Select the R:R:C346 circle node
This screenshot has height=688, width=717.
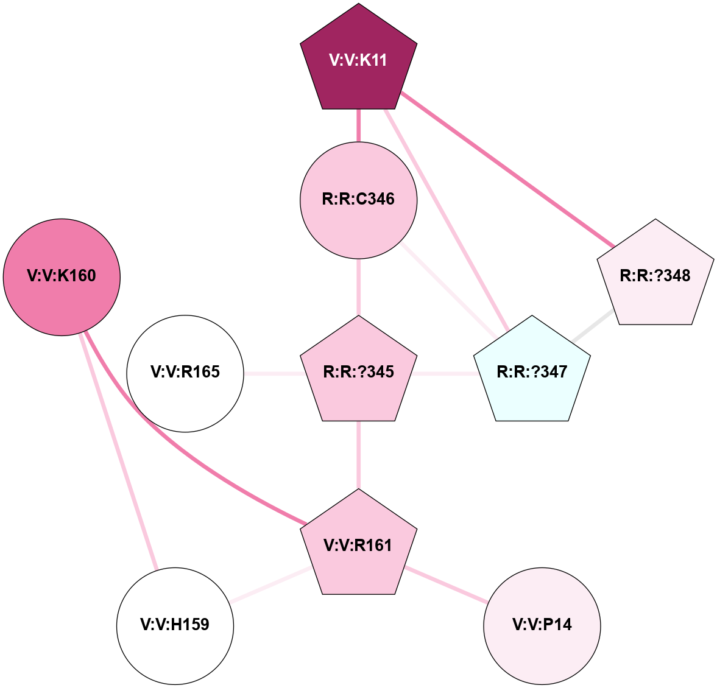358,200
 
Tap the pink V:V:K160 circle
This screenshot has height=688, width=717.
62,276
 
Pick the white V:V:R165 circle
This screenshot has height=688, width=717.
185,373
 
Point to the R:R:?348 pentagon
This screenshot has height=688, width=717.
655,275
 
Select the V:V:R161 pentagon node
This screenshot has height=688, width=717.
358,545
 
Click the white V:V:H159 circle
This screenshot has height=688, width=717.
175,625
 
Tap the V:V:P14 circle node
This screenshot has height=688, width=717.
542,625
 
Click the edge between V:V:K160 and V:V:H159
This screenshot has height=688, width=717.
118,451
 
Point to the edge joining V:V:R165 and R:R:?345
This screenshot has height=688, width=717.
272,373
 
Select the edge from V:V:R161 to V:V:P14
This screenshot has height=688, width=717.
446,584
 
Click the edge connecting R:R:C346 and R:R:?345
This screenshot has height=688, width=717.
358,287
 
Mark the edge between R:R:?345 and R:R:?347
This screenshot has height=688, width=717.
445,373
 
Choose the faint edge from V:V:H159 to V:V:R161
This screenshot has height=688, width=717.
268,586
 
